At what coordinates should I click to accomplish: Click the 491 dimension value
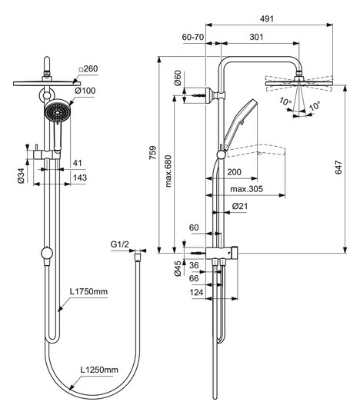tap(266, 18)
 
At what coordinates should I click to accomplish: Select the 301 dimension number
tap(256, 37)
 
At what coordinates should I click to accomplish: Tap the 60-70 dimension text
tap(193, 37)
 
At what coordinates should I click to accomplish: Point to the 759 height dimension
tap(152, 153)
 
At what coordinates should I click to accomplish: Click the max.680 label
tap(168, 171)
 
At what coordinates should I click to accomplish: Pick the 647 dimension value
tap(338, 168)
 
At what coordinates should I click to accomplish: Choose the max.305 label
tap(246, 189)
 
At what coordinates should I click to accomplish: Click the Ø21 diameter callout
tap(240, 206)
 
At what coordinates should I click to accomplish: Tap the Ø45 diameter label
tap(178, 268)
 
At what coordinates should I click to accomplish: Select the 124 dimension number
tap(197, 293)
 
